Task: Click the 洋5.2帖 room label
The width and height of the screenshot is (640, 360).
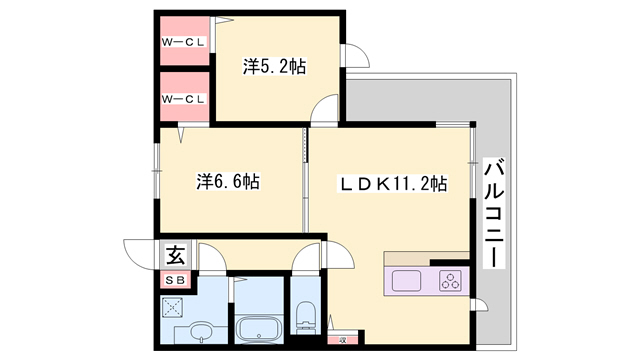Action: click(274, 67)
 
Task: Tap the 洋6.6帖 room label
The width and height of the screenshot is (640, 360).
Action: click(228, 182)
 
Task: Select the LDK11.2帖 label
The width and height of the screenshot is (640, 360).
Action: click(394, 184)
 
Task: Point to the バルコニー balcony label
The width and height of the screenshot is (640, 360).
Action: click(494, 213)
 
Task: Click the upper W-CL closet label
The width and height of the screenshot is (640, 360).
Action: click(183, 42)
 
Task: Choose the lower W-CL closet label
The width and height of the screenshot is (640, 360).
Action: click(183, 99)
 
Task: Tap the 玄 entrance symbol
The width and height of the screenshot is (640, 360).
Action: click(176, 256)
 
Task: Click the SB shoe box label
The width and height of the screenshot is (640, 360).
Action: click(176, 280)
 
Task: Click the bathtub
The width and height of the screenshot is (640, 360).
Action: click(259, 329)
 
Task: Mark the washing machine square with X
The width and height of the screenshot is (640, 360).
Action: click(172, 308)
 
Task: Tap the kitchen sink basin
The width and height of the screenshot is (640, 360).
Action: click(406, 281)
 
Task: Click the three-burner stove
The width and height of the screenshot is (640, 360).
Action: click(451, 281)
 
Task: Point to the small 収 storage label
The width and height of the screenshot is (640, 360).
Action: click(343, 340)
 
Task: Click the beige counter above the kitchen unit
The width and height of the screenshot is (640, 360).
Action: click(426, 259)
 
